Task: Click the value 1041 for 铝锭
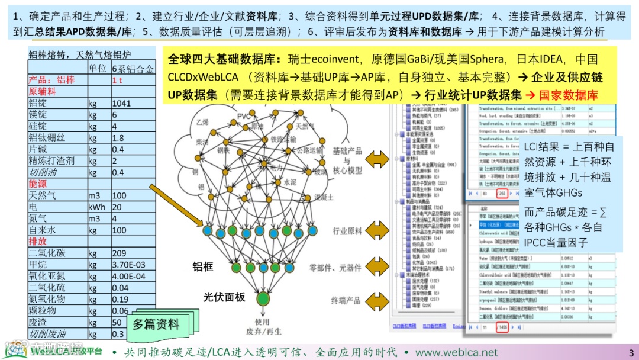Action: (122, 103)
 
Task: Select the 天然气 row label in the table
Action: (43, 195)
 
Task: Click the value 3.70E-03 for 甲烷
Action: (128, 265)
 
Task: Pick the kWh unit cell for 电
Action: (97, 207)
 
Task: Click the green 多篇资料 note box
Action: (156, 324)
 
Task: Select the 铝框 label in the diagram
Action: (203, 266)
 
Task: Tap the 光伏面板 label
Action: (224, 297)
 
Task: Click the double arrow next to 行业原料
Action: (377, 230)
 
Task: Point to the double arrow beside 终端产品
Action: (377, 300)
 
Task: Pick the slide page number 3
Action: (631, 352)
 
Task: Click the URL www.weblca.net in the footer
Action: (456, 352)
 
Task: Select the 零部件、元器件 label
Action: (335, 268)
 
